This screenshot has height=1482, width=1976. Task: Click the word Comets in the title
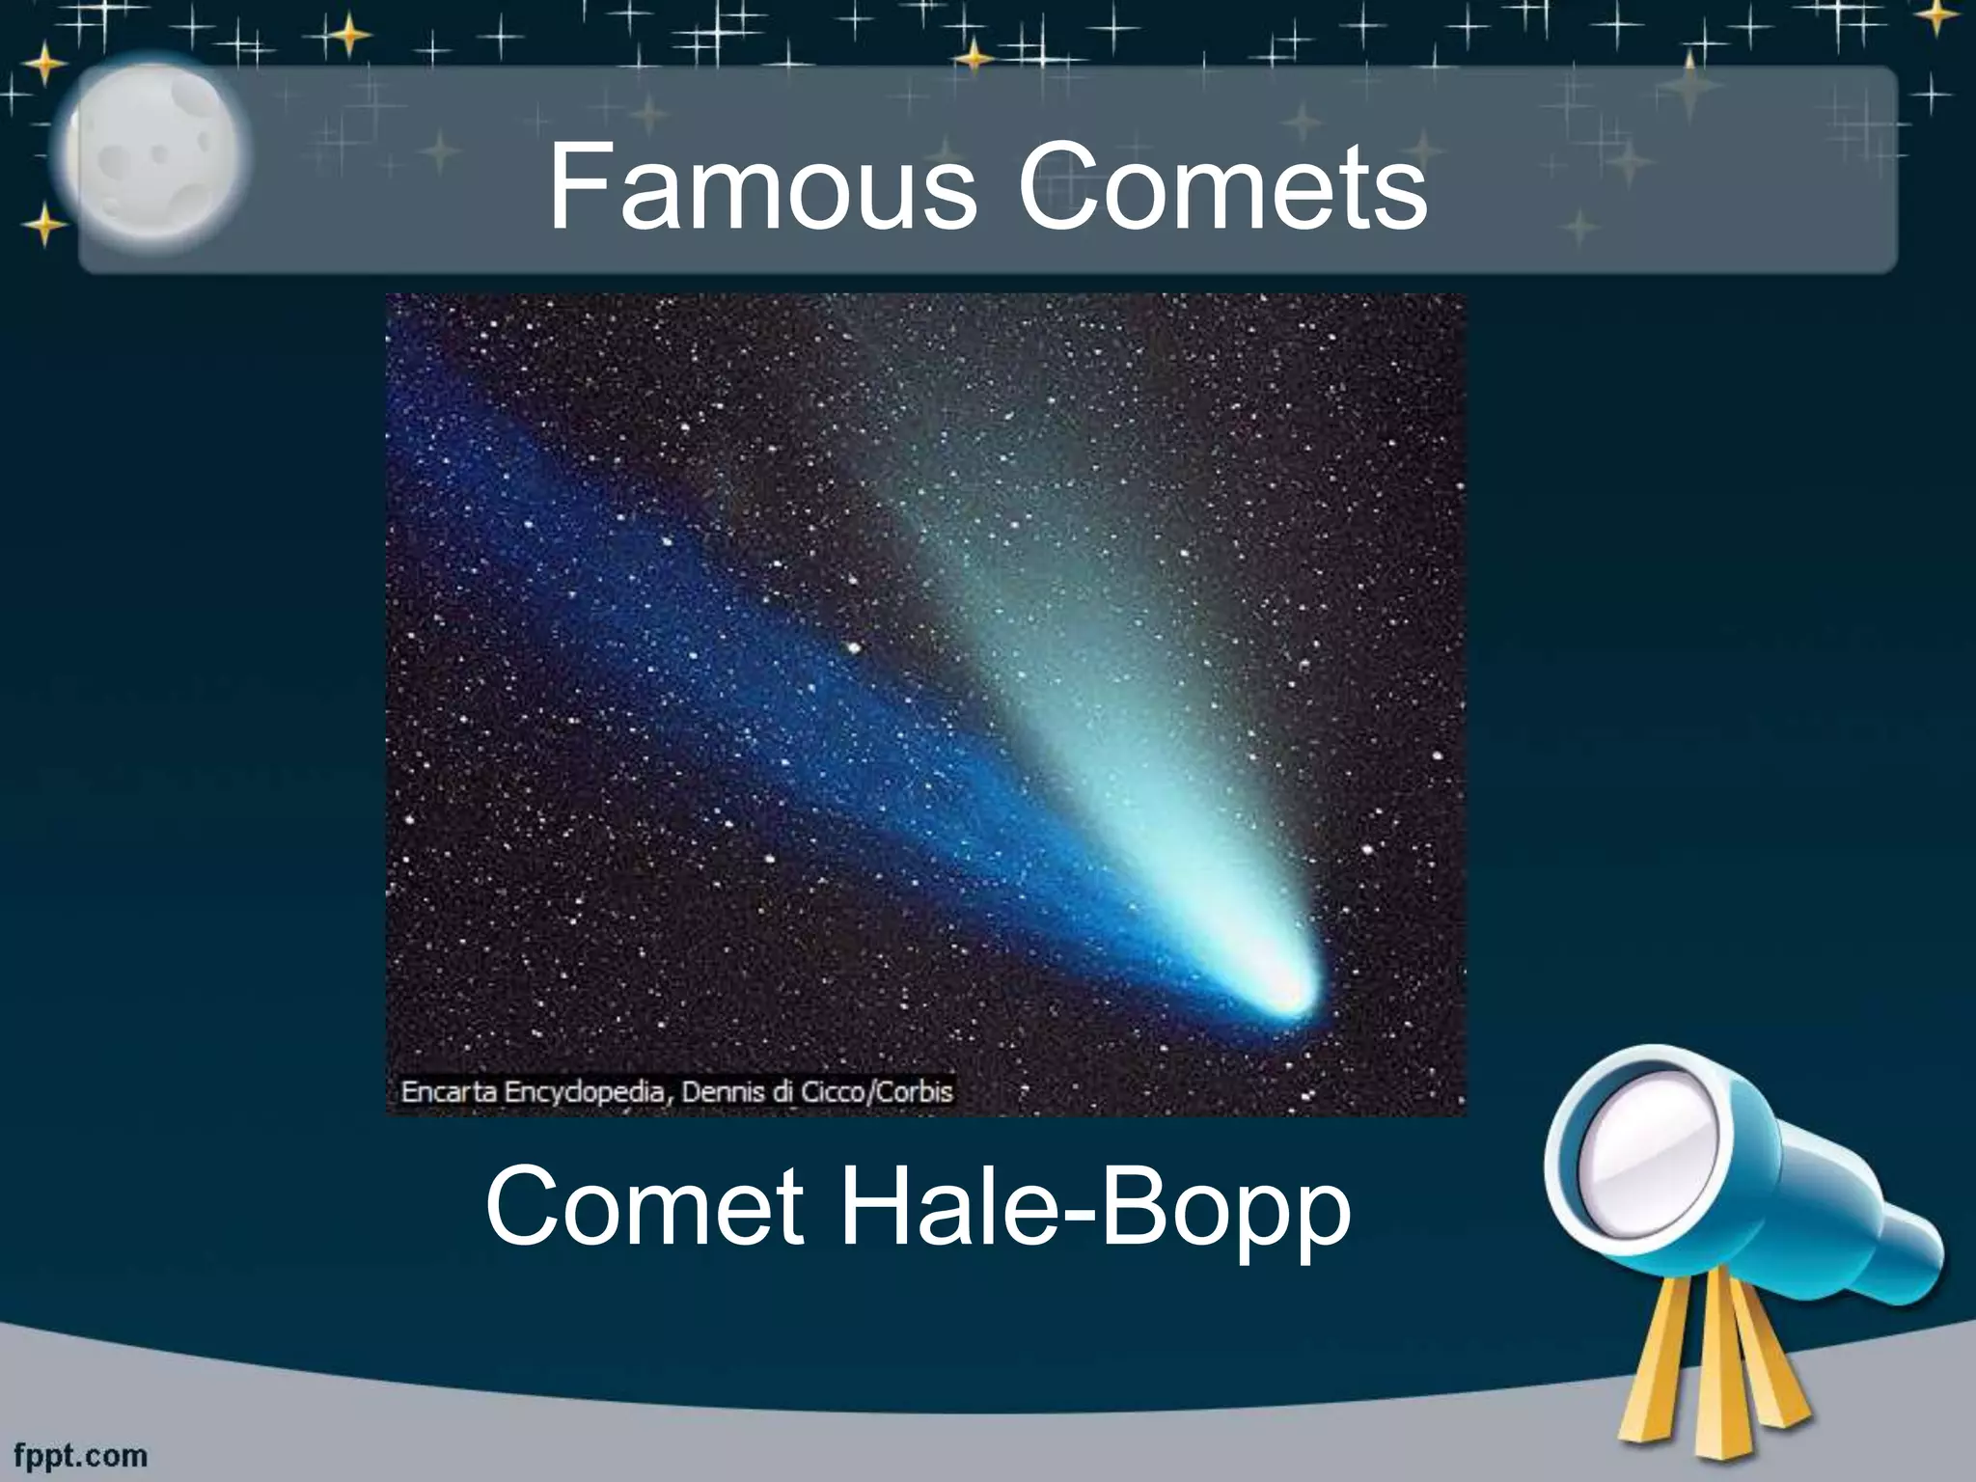point(1222,186)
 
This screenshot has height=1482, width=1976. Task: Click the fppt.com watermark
point(81,1456)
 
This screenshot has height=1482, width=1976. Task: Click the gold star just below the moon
point(43,228)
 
